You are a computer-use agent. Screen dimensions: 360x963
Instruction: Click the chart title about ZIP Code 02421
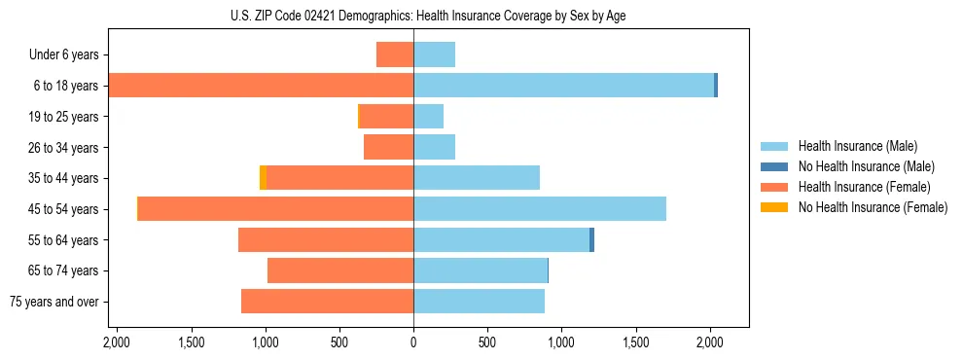pyautogui.click(x=428, y=16)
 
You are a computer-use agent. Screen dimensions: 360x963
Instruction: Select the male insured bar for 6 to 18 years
pyautogui.click(x=564, y=86)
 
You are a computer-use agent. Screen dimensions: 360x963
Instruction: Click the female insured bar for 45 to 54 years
pyautogui.click(x=276, y=209)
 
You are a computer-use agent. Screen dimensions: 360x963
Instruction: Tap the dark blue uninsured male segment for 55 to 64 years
pyautogui.click(x=591, y=240)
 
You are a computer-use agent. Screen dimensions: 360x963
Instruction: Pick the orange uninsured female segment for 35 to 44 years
pyautogui.click(x=263, y=178)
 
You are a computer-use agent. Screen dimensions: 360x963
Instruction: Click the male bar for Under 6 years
pyautogui.click(x=435, y=54)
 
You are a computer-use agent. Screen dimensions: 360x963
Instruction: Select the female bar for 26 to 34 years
pyautogui.click(x=389, y=147)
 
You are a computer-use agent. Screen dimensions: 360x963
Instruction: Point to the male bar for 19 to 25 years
pyautogui.click(x=429, y=117)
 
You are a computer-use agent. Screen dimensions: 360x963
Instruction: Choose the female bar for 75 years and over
pyautogui.click(x=328, y=302)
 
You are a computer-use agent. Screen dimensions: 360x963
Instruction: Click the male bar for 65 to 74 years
pyautogui.click(x=481, y=270)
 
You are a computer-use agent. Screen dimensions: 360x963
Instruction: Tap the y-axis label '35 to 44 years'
pyautogui.click(x=63, y=178)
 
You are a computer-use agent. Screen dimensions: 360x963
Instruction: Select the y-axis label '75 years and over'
pyautogui.click(x=54, y=302)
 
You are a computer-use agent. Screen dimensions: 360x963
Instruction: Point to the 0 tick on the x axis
pyautogui.click(x=413, y=342)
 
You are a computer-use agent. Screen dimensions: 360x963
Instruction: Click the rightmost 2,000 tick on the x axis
pyautogui.click(x=710, y=342)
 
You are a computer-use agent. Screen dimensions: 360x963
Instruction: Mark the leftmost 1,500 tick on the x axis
pyautogui.click(x=191, y=342)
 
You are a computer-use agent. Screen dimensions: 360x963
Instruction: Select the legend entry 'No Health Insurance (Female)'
pyautogui.click(x=873, y=207)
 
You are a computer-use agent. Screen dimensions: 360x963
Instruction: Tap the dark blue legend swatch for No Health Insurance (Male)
pyautogui.click(x=774, y=166)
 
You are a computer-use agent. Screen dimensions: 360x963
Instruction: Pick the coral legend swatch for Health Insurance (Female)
pyautogui.click(x=774, y=187)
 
